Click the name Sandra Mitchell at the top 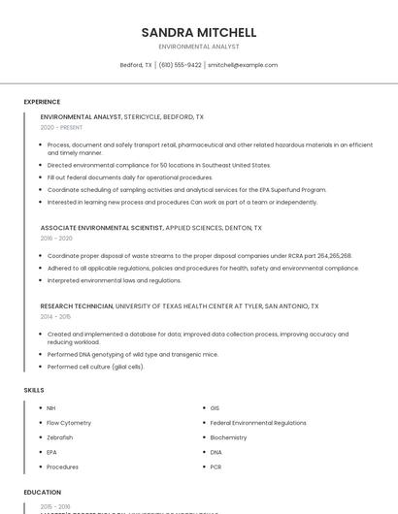(199, 32)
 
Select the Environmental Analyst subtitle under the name (199, 47)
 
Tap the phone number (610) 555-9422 (181, 65)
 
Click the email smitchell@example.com (243, 65)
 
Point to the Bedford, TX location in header (136, 65)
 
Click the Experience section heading (42, 102)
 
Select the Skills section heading (34, 390)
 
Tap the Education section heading (43, 493)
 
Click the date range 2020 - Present (61, 127)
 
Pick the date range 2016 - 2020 (56, 238)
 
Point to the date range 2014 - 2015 (55, 316)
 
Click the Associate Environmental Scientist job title (102, 228)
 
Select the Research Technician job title (77, 306)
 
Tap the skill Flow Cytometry (69, 423)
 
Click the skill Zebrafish (60, 437)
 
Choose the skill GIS (215, 408)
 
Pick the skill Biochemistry (228, 437)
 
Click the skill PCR (216, 467)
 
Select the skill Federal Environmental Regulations (258, 423)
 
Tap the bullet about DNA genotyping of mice (132, 355)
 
